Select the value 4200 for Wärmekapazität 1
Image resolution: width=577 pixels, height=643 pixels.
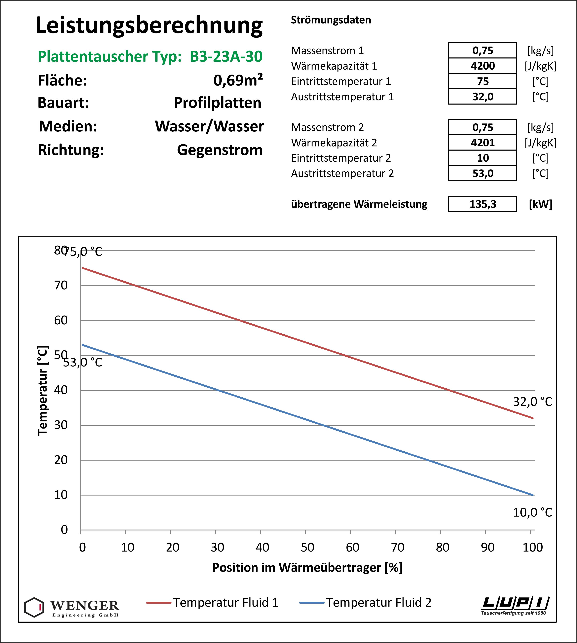tap(483, 66)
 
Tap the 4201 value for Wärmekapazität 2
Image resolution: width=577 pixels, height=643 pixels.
tap(483, 143)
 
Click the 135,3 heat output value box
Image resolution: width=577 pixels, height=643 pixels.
tap(483, 204)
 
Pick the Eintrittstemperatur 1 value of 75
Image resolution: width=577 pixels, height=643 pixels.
tap(483, 81)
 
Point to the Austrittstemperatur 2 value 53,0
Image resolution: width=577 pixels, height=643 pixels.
tap(483, 174)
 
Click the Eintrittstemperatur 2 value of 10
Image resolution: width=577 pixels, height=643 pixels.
tap(483, 158)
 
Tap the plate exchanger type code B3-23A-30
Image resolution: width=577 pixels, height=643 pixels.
tap(226, 56)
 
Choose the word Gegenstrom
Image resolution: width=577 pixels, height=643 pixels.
tap(220, 150)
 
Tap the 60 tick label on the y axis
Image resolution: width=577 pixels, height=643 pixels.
tap(61, 320)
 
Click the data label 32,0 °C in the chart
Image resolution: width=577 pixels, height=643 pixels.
tap(533, 402)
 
